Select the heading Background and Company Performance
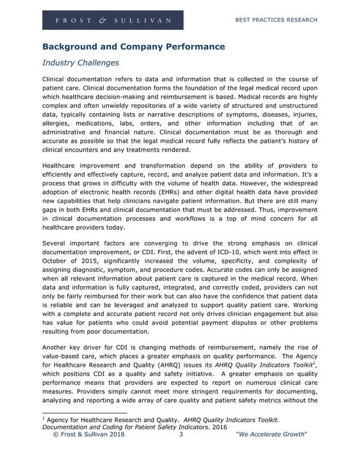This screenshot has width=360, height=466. [134, 46]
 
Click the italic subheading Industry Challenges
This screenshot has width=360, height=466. [81, 62]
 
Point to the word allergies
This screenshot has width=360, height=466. [58, 124]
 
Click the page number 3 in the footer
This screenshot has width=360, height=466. [181, 435]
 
